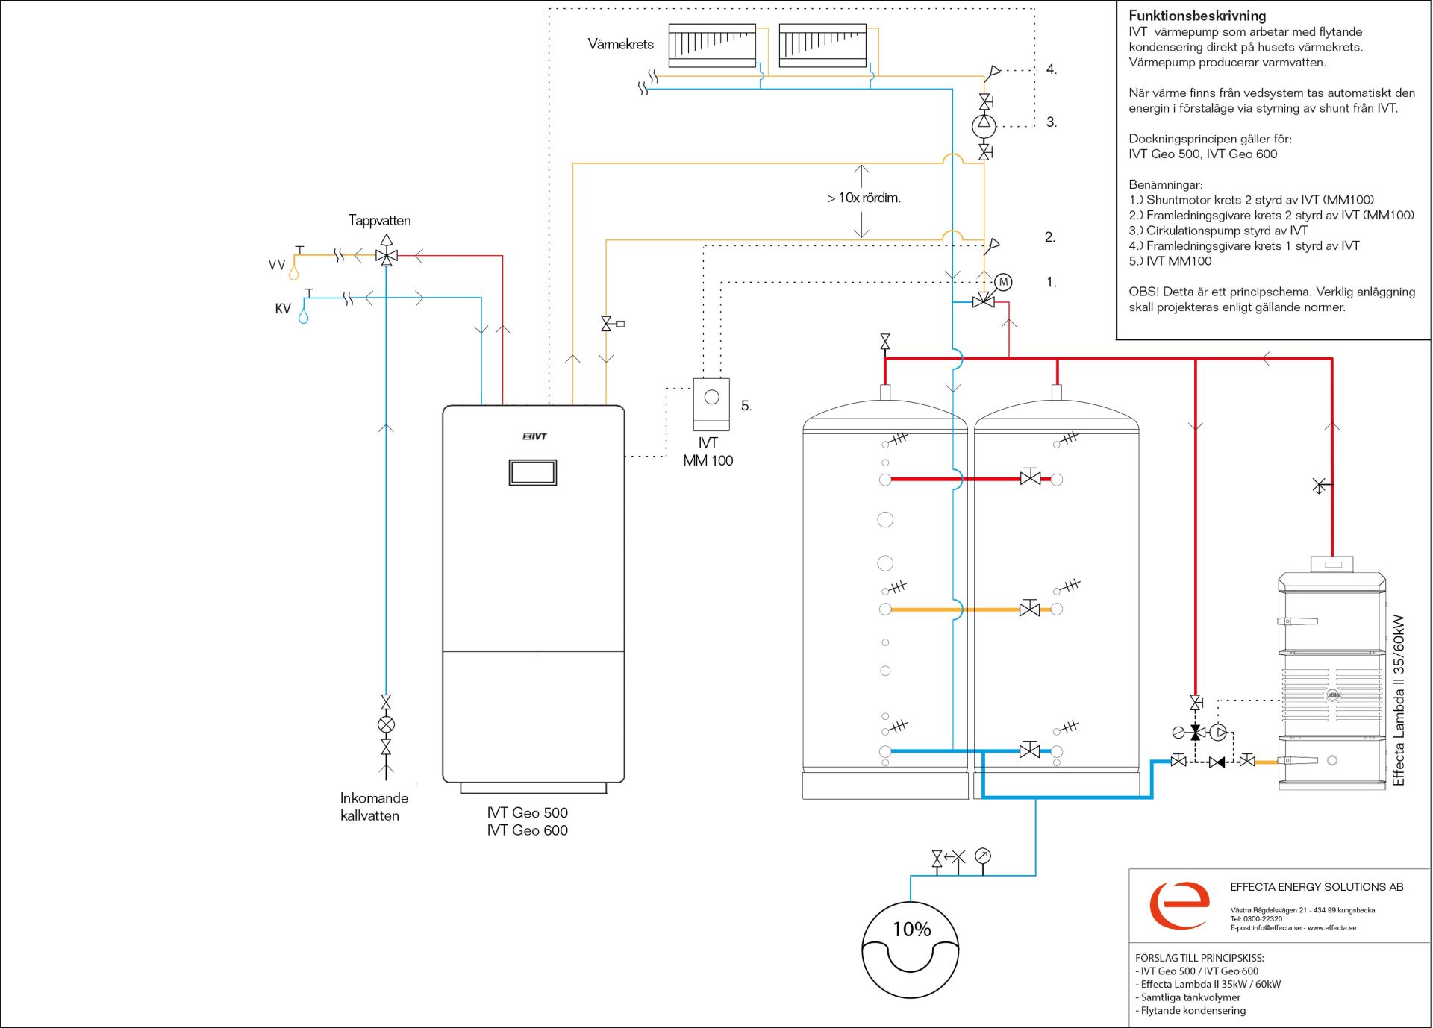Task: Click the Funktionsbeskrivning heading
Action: coord(1197,16)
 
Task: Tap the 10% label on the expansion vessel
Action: coord(912,929)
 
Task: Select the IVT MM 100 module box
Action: coord(711,404)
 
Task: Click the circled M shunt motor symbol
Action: coord(1003,282)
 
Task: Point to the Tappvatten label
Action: coord(379,220)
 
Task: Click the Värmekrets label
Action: coord(620,44)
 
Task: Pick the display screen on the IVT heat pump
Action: coord(533,472)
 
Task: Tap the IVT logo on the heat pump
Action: coord(534,436)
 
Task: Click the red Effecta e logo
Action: coord(1179,905)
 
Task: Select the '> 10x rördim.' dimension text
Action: coord(864,198)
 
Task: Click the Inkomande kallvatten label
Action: coord(373,806)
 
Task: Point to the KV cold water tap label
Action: coord(283,309)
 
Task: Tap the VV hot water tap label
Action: coord(277,265)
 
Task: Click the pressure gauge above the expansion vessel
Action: coord(983,856)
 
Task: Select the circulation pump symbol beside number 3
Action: coord(984,125)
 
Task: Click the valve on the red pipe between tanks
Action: coord(1030,477)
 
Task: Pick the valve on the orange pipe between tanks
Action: coord(1030,609)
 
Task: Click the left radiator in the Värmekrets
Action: coord(712,46)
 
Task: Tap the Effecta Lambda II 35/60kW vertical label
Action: coord(1398,700)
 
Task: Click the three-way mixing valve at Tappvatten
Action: coord(387,256)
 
